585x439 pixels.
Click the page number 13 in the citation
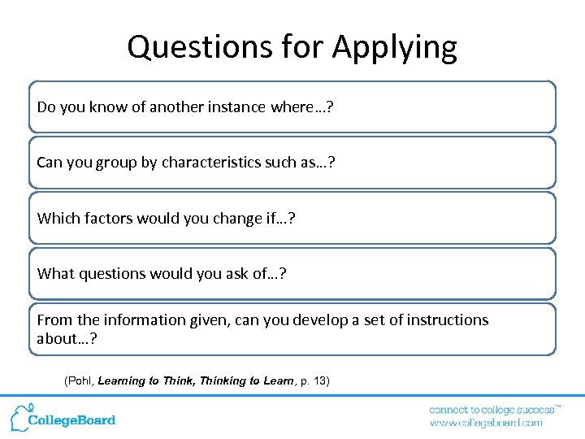[318, 380]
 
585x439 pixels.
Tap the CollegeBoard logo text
[71, 420]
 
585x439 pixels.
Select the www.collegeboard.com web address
[486, 423]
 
